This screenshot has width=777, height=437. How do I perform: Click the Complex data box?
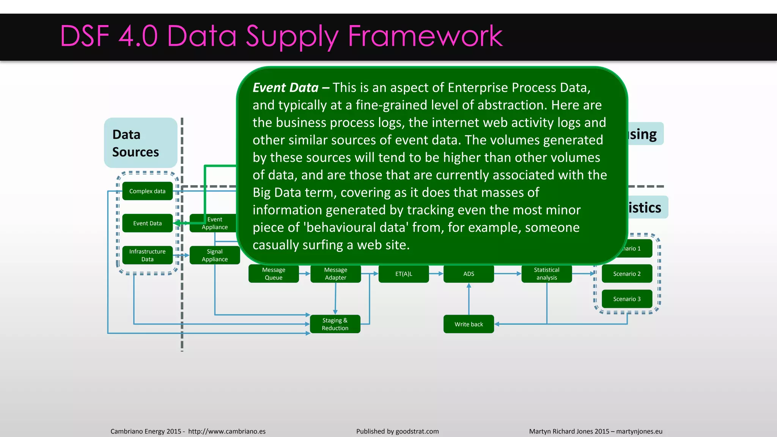147,191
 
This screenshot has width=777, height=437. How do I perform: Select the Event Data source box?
147,223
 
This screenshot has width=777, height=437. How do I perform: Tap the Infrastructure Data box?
147,255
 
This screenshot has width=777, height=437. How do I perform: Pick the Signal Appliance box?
215,255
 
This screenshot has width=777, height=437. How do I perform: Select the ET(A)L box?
404,274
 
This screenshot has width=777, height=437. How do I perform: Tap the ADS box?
469,274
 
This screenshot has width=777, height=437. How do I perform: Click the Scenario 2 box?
627,274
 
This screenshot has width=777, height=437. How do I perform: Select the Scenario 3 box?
627,299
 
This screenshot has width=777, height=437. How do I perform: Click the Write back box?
469,324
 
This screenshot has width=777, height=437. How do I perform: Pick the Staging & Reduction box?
335,324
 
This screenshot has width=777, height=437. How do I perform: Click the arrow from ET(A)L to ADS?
436,274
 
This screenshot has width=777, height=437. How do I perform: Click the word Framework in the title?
425,36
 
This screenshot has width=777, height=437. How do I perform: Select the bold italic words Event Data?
285,88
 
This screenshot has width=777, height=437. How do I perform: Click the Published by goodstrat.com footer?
397,431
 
